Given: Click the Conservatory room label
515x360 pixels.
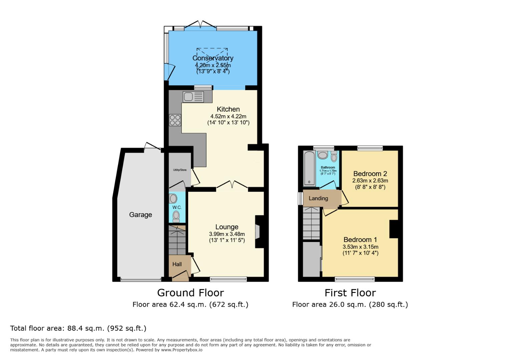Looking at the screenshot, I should point(213,58).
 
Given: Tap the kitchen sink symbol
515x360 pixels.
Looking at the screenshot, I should point(193,97).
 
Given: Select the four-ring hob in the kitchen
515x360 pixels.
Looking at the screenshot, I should point(175,120).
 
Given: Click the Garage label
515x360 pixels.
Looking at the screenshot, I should point(140,215).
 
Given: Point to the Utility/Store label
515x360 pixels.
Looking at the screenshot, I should point(180,170).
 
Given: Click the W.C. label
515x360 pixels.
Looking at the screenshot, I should point(177,207).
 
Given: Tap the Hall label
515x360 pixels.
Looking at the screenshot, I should point(177,264).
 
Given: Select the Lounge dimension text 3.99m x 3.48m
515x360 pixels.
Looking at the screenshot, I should point(227,234).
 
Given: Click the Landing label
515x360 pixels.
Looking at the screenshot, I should point(318,198).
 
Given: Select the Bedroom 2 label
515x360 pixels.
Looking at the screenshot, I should point(370,174).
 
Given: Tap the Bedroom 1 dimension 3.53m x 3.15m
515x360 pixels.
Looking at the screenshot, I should point(360,247).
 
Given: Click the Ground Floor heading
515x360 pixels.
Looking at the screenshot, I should point(190,293).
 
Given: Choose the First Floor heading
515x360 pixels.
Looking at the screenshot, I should point(350,293).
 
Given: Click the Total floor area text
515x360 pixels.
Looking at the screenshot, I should point(78,328).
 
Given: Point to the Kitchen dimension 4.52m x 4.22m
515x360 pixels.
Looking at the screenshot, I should point(228,116).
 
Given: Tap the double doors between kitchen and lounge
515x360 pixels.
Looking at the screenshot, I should point(232,185).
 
